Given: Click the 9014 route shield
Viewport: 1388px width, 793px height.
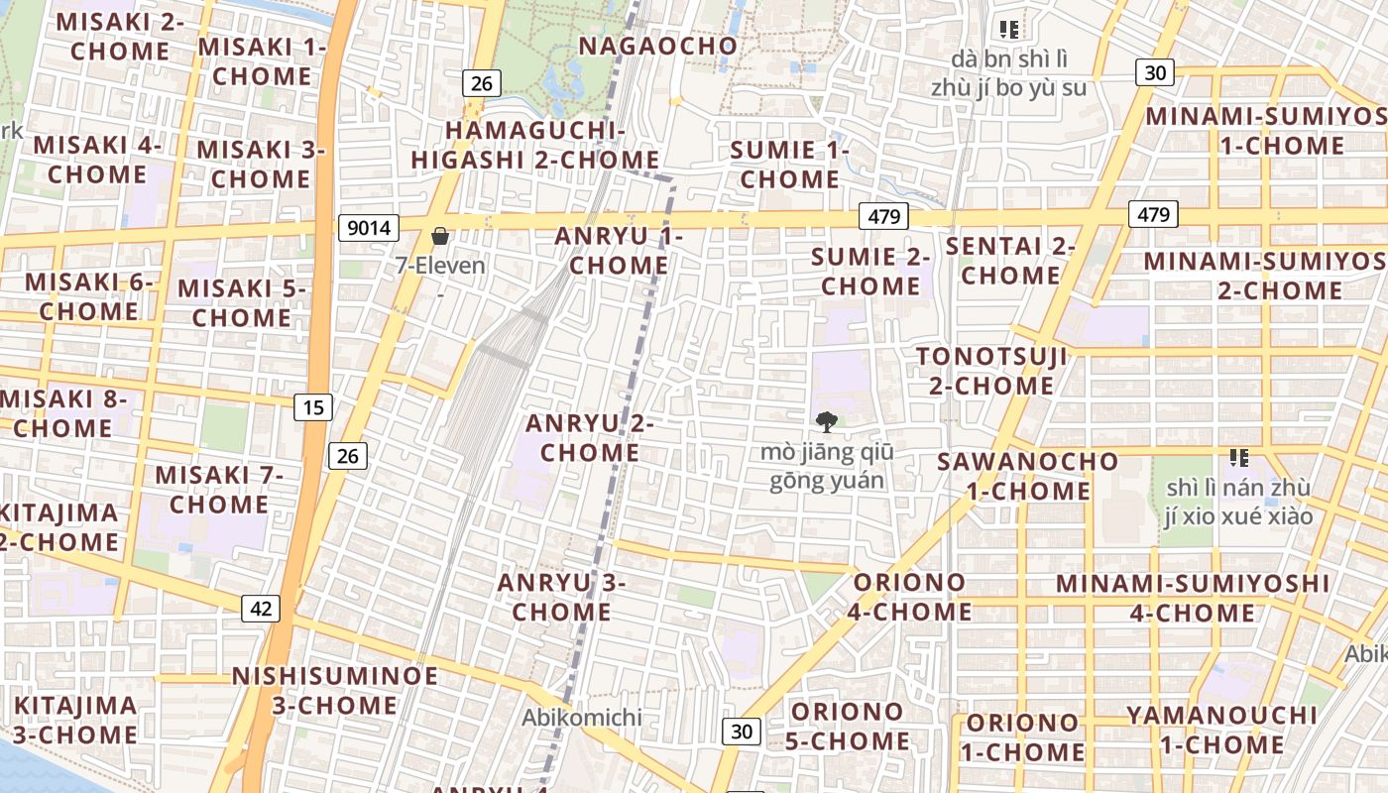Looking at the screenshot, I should point(369,229).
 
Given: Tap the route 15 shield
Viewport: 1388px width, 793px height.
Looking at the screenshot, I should point(313,406).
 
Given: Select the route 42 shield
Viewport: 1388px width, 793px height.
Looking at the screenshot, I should point(260,609).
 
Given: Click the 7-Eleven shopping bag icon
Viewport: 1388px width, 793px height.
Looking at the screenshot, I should point(440,236).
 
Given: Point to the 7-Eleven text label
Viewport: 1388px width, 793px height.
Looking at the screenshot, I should point(440,266).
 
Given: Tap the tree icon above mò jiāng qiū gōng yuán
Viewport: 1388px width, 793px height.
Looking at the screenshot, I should point(827,423).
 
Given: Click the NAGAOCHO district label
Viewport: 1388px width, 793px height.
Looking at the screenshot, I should point(658,46).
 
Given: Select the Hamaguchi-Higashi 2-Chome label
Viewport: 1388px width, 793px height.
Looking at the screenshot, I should point(535,145).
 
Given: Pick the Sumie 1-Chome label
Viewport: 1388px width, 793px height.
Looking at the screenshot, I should point(790,165).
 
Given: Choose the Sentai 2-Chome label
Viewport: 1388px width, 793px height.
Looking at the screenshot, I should point(1010,260).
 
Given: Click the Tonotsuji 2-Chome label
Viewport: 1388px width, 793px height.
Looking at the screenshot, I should point(991,371).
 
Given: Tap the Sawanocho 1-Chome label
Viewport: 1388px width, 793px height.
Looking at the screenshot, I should point(1028,476).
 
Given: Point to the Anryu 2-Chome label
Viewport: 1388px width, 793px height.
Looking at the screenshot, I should point(590,438).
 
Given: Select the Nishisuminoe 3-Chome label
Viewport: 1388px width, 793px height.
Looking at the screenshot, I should point(335,691).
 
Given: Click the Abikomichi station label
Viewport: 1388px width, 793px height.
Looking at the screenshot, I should point(583,717).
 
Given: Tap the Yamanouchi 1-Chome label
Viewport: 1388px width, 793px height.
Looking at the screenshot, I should point(1221,730).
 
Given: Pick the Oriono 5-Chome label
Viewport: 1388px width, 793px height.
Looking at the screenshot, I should point(848,726).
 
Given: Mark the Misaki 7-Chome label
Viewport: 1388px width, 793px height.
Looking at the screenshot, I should point(219,490).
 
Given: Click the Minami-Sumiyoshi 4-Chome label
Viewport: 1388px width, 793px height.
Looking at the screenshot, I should point(1193,598).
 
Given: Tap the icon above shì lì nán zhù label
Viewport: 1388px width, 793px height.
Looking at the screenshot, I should point(1238,457).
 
